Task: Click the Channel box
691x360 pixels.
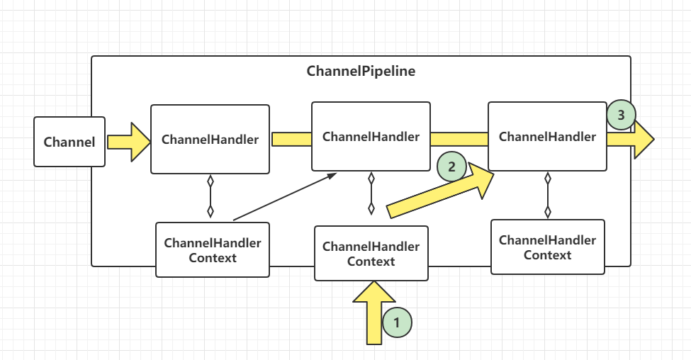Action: pyautogui.click(x=69, y=142)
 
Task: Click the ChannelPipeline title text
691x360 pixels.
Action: pyautogui.click(x=361, y=71)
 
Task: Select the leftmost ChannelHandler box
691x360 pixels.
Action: pyautogui.click(x=210, y=139)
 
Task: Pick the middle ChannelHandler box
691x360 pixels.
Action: pyautogui.click(x=371, y=137)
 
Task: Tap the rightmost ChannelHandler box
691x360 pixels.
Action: pyautogui.click(x=547, y=137)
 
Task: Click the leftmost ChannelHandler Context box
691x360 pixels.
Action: pyautogui.click(x=213, y=250)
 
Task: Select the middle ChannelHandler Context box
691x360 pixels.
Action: pyautogui.click(x=371, y=254)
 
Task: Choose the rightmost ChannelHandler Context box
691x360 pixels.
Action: pyautogui.click(x=548, y=247)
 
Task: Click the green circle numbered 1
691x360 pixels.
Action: pyautogui.click(x=397, y=322)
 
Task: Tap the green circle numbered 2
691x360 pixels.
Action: pyautogui.click(x=451, y=167)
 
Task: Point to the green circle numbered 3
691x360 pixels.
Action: pyautogui.click(x=621, y=115)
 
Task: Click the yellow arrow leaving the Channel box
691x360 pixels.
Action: pyautogui.click(x=129, y=142)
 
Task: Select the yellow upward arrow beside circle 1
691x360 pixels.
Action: pyautogui.click(x=374, y=313)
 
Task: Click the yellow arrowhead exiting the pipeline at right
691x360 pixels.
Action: pyautogui.click(x=631, y=139)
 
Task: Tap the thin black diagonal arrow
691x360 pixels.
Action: pyautogui.click(x=285, y=196)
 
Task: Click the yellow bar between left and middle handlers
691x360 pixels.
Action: pyautogui.click(x=292, y=139)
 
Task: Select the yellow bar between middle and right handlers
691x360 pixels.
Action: pyautogui.click(x=459, y=139)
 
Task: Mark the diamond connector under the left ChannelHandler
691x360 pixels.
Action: pyautogui.click(x=210, y=196)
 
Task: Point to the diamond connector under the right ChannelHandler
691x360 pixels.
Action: pyautogui.click(x=548, y=195)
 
